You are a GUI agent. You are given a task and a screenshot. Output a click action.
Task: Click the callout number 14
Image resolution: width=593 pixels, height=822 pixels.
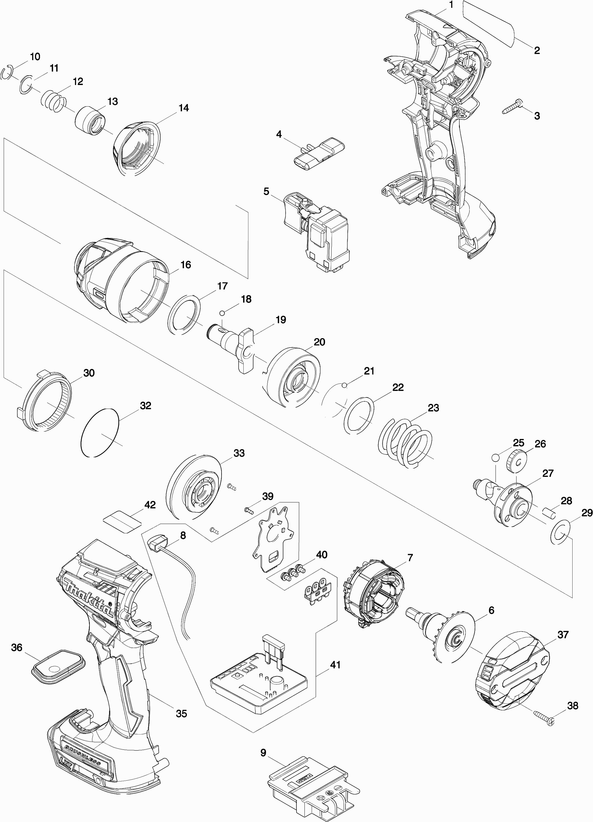click(183, 108)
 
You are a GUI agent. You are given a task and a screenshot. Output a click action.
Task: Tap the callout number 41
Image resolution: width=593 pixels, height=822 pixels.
click(335, 665)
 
